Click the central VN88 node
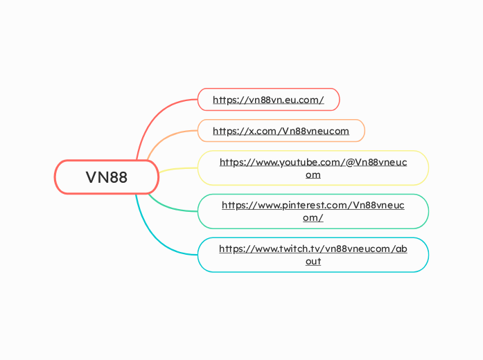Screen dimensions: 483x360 click(107, 177)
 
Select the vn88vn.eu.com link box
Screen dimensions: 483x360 click(268, 100)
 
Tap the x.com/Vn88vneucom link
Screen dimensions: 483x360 click(281, 131)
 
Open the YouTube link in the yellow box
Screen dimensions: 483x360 click(313, 168)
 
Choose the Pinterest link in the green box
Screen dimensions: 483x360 click(313, 211)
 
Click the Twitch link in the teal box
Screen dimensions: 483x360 click(313, 255)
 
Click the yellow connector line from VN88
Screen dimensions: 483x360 click(178, 169)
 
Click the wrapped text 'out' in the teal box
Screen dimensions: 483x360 click(313, 261)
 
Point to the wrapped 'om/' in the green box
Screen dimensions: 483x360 click(313, 218)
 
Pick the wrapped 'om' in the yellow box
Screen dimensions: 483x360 click(313, 174)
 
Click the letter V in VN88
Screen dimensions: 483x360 click(91, 177)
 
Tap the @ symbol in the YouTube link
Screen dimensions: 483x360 click(350, 162)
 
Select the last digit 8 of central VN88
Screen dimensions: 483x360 click(122, 177)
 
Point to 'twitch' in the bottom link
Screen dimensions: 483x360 click(295, 249)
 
